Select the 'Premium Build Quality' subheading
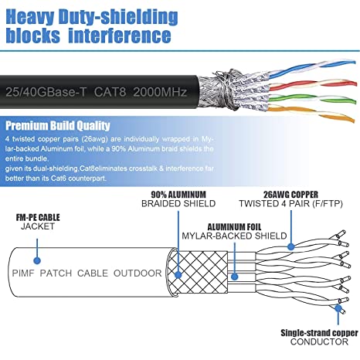click(57, 126)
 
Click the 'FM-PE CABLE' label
click(33, 219)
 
